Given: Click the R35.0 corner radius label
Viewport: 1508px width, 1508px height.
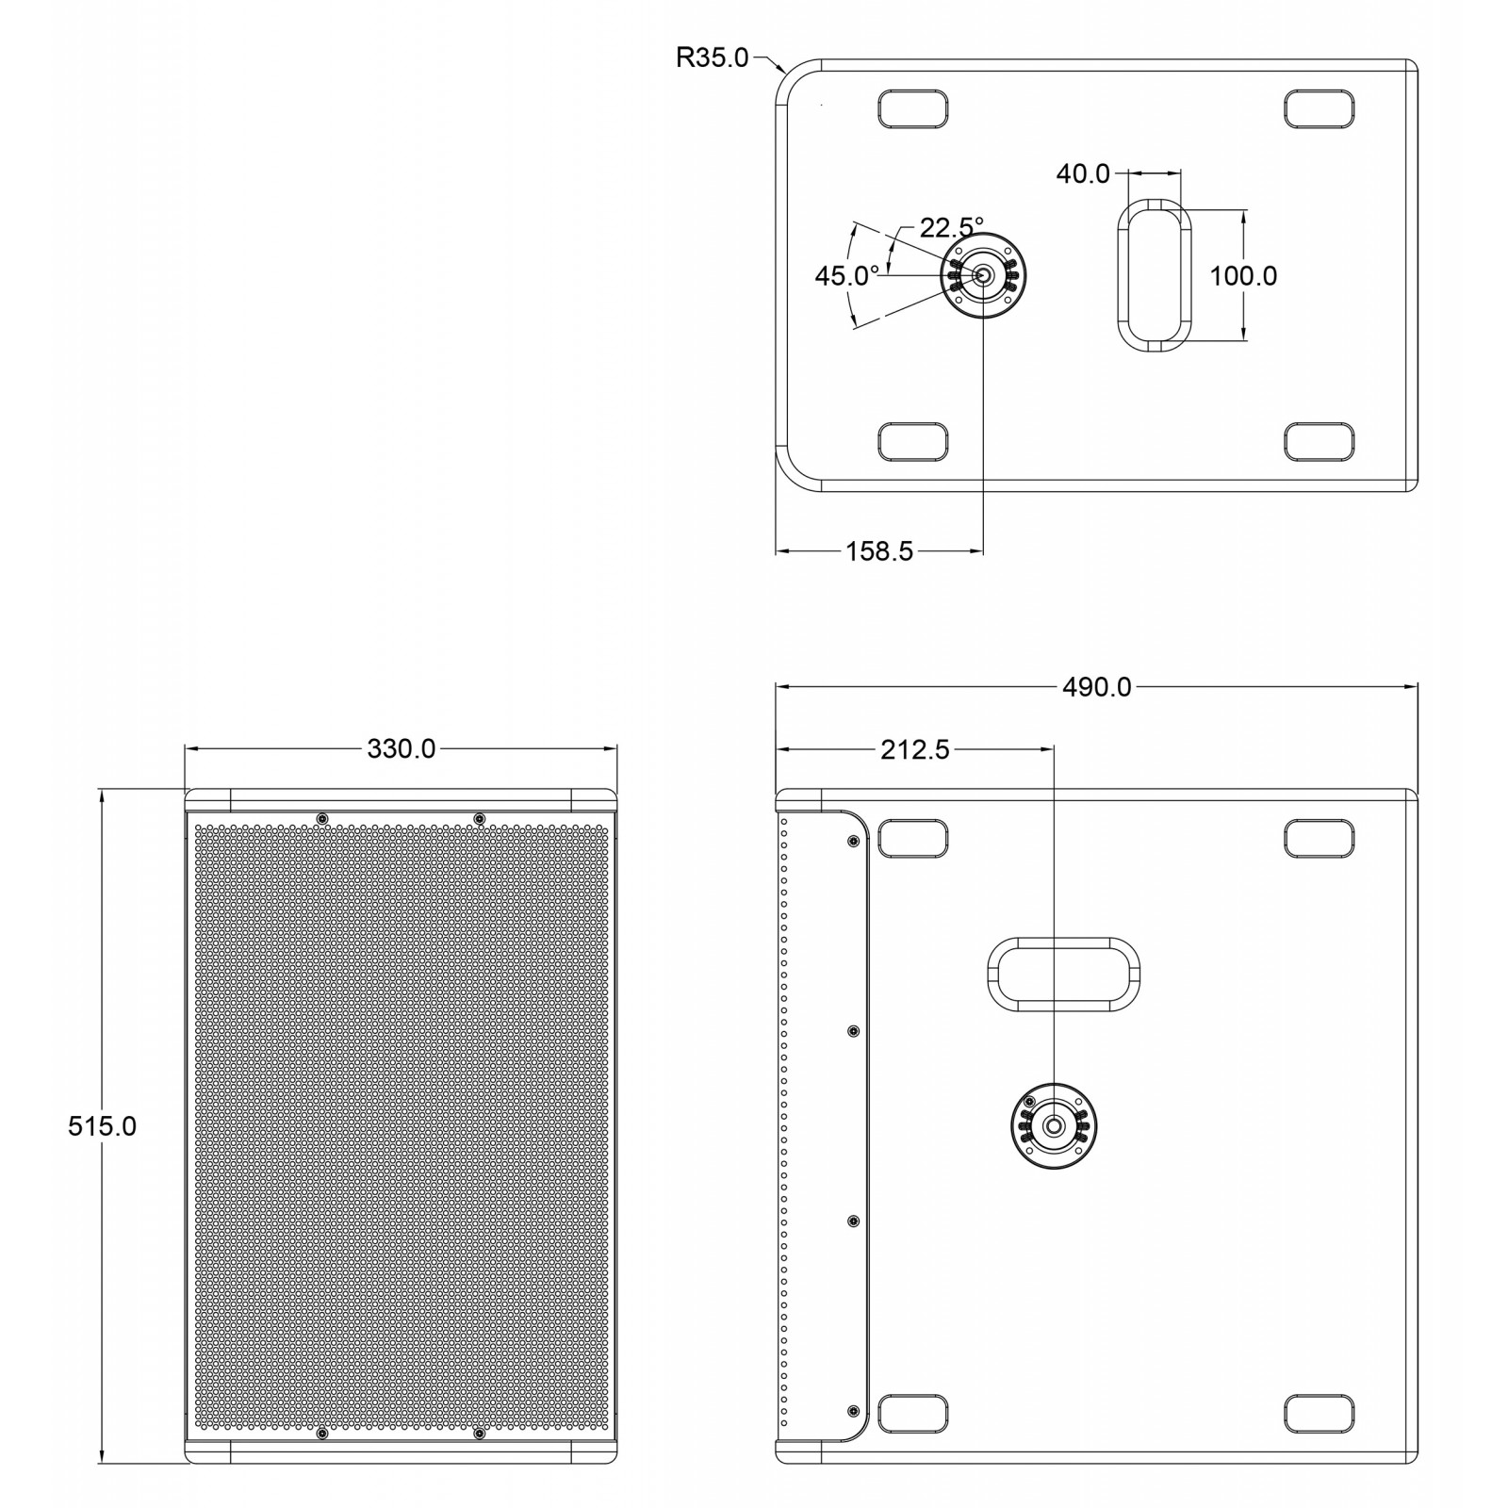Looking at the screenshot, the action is point(713,57).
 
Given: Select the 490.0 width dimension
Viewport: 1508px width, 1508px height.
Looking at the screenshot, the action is point(1097,687).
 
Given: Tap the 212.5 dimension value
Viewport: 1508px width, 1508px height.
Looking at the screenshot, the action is point(915,749).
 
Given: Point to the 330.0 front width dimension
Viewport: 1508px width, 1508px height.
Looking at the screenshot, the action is point(402,748).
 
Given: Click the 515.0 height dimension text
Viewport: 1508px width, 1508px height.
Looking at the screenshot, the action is point(102,1125).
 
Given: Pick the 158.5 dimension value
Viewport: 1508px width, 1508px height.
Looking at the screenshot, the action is point(879,551).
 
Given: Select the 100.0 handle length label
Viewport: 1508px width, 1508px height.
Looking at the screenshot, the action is point(1243,275).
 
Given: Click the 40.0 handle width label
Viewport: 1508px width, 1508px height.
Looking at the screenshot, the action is point(1083,173).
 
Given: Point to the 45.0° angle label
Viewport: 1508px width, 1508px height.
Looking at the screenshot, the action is point(847,275).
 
